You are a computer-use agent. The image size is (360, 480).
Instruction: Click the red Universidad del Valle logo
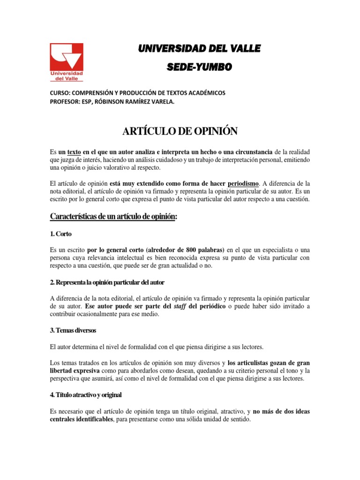click(67, 62)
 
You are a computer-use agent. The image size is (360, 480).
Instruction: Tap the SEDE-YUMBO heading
click(199, 68)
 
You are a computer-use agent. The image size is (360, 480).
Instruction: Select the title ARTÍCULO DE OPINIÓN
click(180, 132)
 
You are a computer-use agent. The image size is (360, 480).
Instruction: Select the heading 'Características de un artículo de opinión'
click(113, 217)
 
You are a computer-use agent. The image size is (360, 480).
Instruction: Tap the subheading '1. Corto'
click(60, 233)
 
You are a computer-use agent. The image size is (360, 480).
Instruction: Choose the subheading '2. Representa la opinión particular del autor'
click(107, 283)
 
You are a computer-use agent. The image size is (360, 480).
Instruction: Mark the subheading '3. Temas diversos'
click(73, 331)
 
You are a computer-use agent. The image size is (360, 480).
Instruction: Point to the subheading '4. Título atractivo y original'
click(86, 395)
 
